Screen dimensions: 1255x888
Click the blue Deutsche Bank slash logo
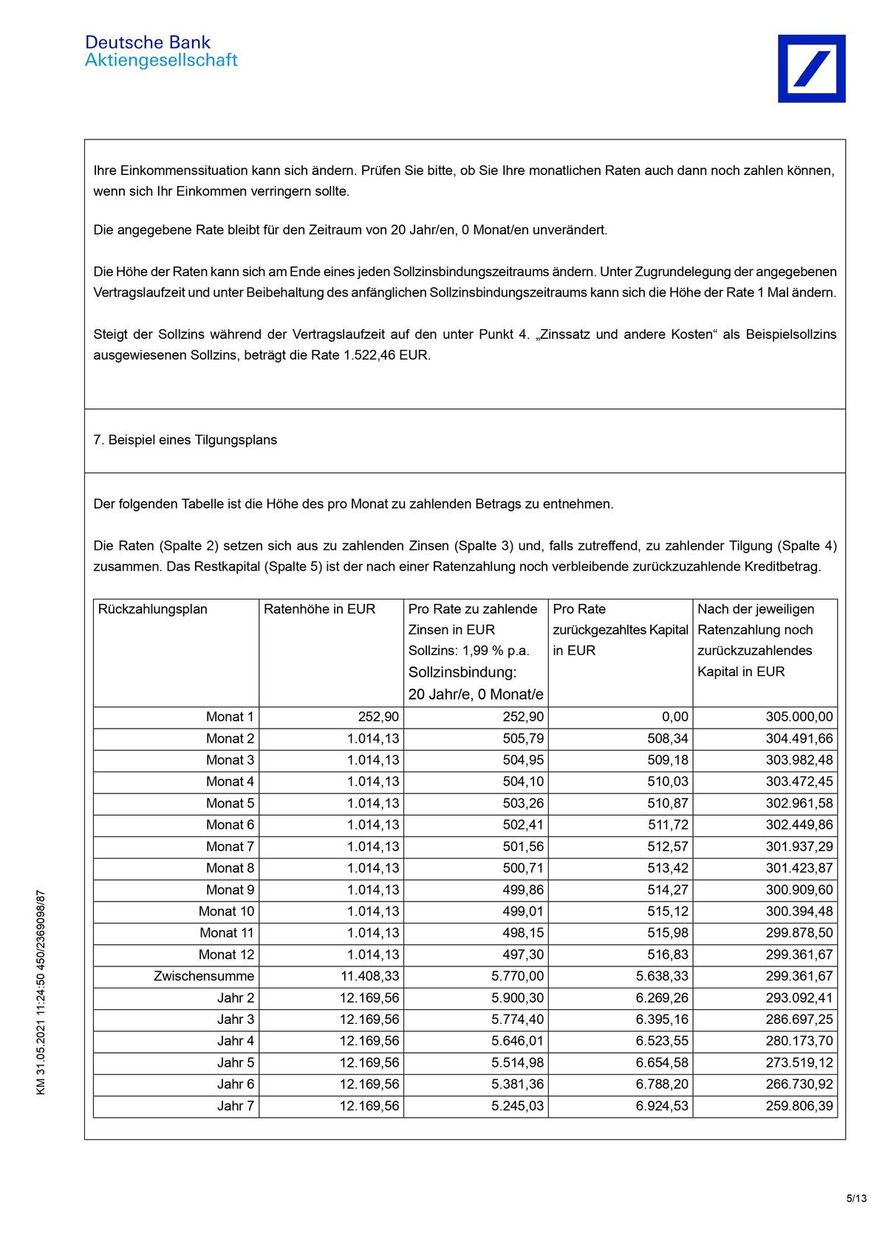pos(811,69)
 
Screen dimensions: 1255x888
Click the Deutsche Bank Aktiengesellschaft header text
pos(161,51)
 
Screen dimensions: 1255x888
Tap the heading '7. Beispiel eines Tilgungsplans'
pos(185,440)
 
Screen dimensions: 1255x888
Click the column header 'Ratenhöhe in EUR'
pos(319,609)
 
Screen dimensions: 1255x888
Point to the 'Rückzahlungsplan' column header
pos(153,609)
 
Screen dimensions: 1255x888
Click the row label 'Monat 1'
pos(230,717)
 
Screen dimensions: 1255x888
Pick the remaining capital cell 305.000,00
pos(799,717)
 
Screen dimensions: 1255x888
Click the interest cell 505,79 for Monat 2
pos(523,738)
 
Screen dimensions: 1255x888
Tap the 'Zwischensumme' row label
pos(204,976)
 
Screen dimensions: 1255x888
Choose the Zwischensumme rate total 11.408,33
pos(369,976)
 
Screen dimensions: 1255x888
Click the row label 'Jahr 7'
pos(236,1106)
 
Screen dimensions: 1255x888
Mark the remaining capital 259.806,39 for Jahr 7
pos(799,1106)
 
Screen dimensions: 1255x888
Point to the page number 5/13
pos(856,1198)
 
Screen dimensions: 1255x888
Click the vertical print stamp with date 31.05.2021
pos(41,993)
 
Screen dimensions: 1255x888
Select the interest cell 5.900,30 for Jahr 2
pos(517,998)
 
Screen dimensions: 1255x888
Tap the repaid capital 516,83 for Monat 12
pos(668,955)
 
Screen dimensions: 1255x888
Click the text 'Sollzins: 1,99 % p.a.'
pos(468,650)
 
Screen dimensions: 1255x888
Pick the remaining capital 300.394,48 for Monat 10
pos(799,912)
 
